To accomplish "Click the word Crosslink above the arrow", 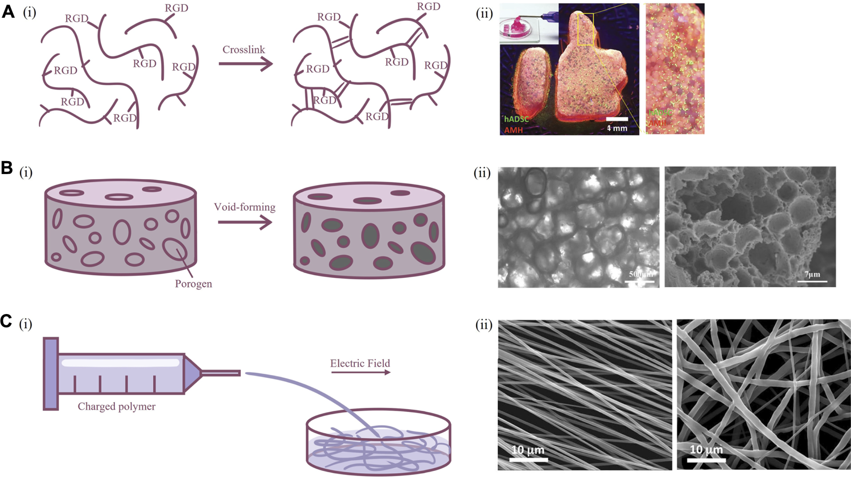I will (243, 50).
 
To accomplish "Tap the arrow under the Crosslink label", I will (245, 63).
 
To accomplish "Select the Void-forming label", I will (244, 207).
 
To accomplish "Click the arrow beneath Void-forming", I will (245, 222).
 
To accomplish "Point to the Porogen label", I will (193, 284).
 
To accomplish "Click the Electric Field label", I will (360, 363).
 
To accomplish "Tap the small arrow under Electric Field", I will (360, 372).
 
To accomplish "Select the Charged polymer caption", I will (117, 406).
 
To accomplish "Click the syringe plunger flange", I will (50, 374).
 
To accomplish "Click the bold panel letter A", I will (8, 12).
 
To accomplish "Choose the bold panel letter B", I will (7, 168).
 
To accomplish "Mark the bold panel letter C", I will (7, 321).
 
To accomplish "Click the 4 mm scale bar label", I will (617, 128).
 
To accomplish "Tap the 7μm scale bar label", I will (812, 275).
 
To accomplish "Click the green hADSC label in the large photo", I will (516, 119).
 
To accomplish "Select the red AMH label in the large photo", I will (513, 130).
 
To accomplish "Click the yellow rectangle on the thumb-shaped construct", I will (586, 29).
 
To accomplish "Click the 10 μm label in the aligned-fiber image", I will (528, 450).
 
